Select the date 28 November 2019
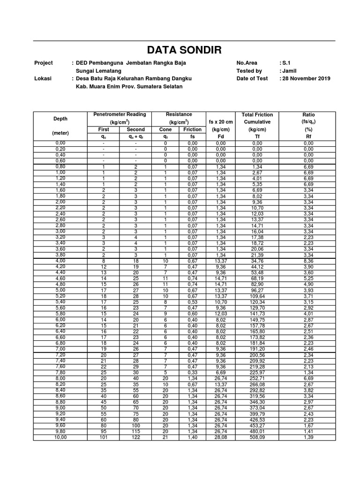coord(306,79)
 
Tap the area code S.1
coord(287,63)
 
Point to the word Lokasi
coord(43,79)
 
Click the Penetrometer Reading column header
coord(120,114)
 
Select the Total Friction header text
coord(257,114)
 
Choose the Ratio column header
coord(308,114)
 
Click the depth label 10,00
coord(60,437)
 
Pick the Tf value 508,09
coord(257,437)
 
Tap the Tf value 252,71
coord(257,377)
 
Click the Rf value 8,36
coord(308,261)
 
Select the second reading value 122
coord(135,437)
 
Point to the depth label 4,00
coord(60,261)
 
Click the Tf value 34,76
coord(257,261)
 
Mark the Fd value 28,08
coord(221,437)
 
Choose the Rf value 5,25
coord(308,278)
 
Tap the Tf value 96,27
coord(257,290)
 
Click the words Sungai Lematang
coord(98,71)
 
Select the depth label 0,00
coord(60,142)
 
